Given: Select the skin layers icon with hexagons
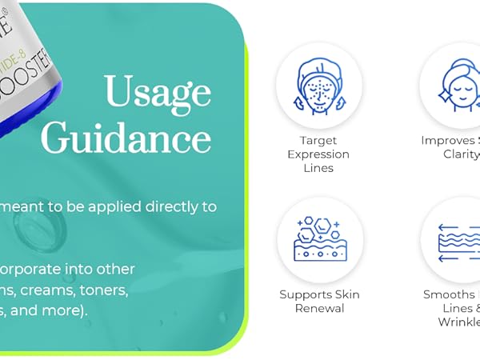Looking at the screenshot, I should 320,240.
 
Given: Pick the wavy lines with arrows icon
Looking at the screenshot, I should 460,240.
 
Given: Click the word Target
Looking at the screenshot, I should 319,140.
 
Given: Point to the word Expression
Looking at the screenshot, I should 319,154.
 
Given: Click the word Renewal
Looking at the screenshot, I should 319,309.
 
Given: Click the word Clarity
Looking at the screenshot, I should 461,154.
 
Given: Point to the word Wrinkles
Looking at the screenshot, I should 458,322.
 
